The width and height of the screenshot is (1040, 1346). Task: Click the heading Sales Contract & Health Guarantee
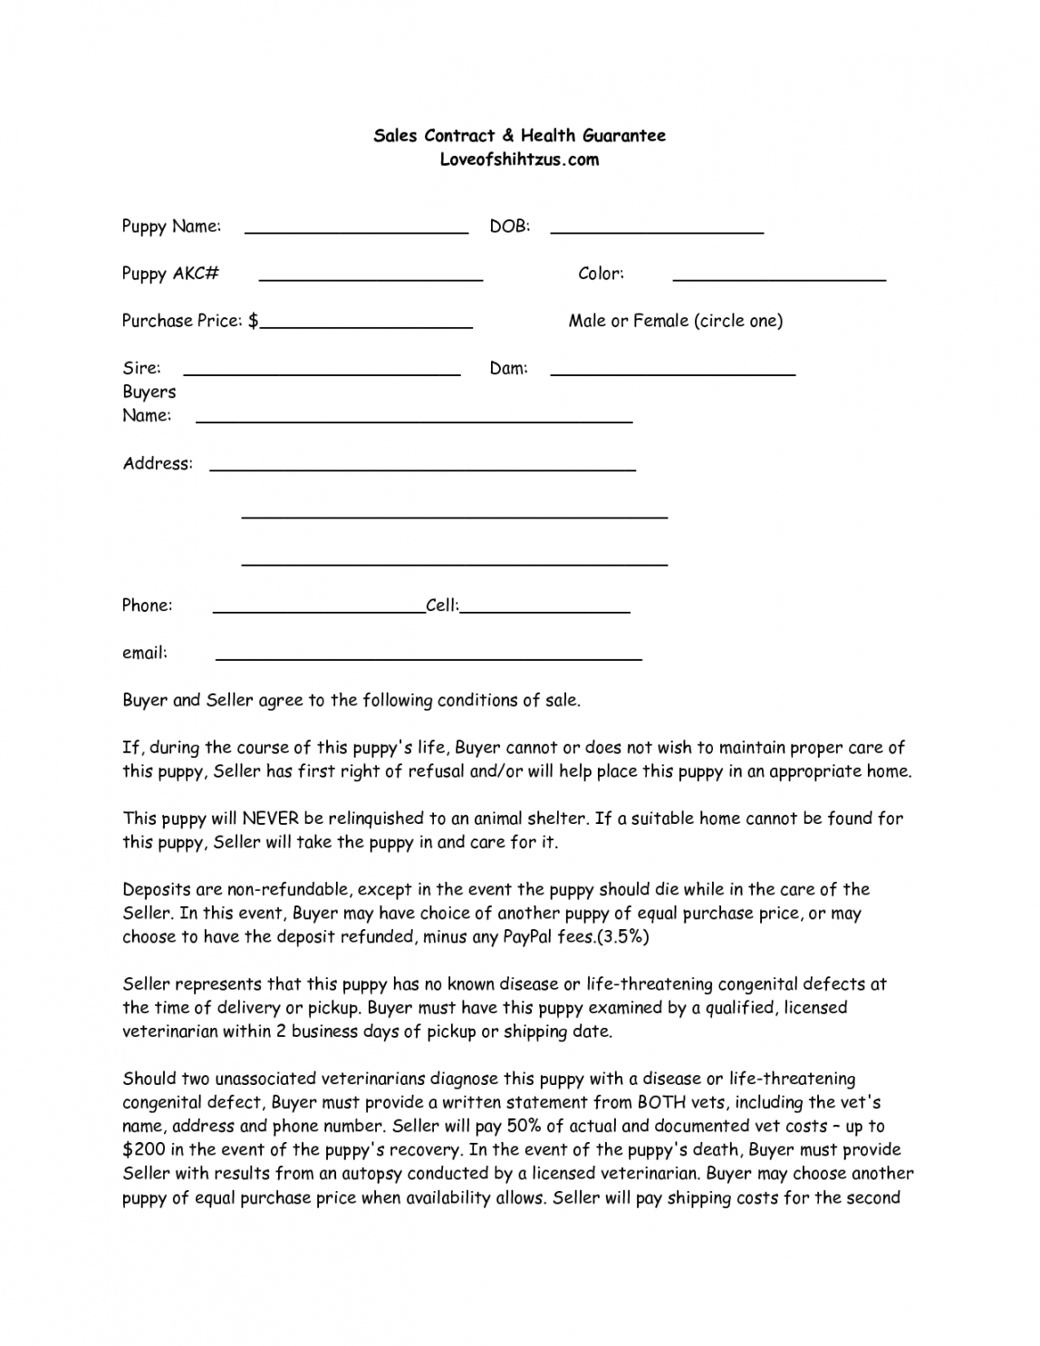point(519,136)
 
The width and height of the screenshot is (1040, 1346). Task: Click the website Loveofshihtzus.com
point(519,160)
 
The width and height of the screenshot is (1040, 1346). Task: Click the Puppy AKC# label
point(170,274)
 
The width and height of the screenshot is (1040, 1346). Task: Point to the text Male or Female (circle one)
point(675,321)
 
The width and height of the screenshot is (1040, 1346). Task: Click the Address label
point(158,464)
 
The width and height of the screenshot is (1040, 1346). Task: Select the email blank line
point(429,657)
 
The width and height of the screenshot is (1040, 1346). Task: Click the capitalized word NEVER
point(271,818)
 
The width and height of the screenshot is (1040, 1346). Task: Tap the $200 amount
point(140,1150)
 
